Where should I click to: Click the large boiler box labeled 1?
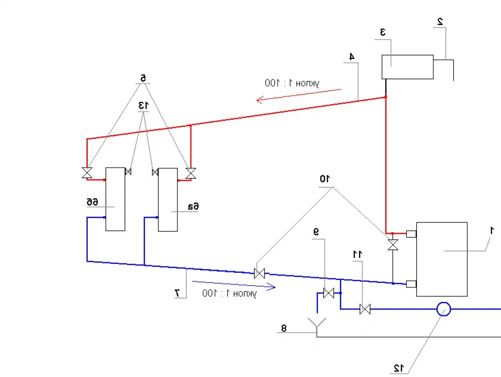(x=441, y=259)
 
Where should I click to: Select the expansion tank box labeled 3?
(x=407, y=67)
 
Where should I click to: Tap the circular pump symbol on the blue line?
(x=443, y=309)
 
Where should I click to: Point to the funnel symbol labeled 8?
(x=317, y=324)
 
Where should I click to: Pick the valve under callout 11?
(x=365, y=309)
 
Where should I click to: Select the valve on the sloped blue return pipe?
(x=260, y=273)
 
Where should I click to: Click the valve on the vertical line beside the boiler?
(x=393, y=245)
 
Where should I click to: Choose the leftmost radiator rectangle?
(x=115, y=199)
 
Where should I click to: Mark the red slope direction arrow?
(x=299, y=95)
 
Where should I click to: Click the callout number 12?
(x=398, y=368)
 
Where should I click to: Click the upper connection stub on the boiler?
(x=411, y=233)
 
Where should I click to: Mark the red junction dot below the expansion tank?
(x=386, y=97)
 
